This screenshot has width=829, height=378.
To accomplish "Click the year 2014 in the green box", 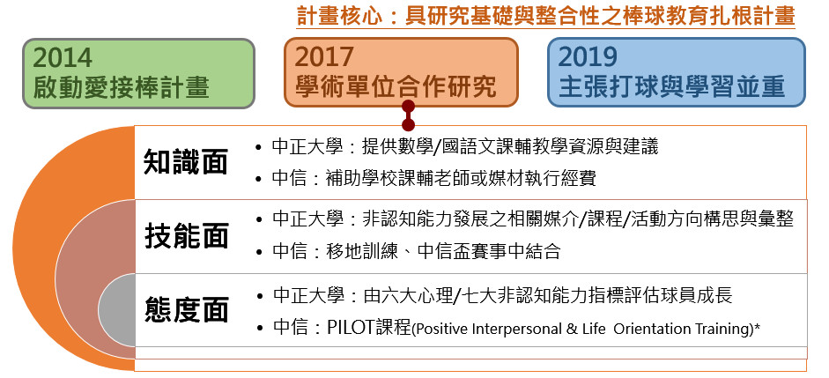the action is tap(63, 57).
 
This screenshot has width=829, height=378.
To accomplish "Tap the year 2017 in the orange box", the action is tap(324, 57).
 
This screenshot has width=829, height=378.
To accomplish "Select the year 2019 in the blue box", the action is tap(588, 57).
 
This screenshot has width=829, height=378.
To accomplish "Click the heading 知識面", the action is tap(186, 162).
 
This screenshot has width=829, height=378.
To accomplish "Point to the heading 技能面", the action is tap(186, 236).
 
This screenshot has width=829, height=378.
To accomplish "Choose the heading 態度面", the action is tap(186, 310).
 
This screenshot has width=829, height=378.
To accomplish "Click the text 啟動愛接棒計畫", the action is tap(121, 87).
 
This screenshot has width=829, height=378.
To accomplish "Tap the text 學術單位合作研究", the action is tap(396, 86).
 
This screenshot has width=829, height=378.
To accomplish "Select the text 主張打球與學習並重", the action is tap(672, 86).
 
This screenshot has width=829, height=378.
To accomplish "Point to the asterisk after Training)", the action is tap(757, 326).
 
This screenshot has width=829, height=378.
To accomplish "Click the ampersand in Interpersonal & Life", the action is tap(571, 329).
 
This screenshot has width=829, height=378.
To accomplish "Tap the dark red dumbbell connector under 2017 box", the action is tap(408, 115).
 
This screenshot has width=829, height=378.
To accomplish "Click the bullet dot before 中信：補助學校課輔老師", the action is tap(258, 179).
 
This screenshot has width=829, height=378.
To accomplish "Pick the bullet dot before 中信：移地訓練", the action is tap(258, 252).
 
